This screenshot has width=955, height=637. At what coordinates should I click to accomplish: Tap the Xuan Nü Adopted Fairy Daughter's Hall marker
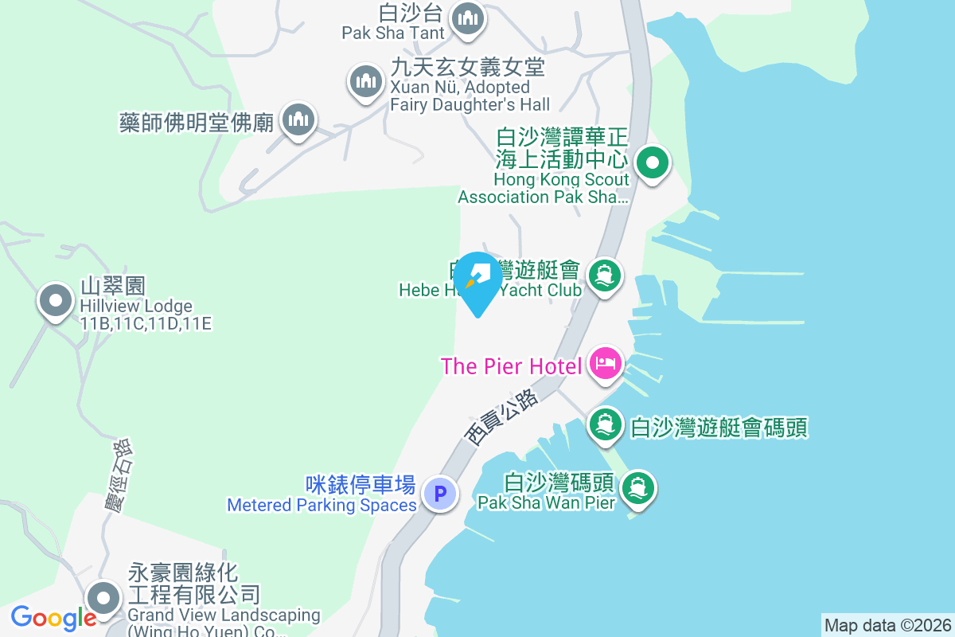click(365, 81)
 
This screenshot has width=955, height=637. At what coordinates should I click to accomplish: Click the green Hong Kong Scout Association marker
click(653, 164)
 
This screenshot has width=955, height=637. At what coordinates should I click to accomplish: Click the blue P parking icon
click(439, 493)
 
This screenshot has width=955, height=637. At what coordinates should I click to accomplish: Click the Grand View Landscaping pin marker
click(103, 597)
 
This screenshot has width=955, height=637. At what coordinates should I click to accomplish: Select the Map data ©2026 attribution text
click(887, 625)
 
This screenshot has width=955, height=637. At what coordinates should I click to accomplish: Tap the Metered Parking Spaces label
click(322, 506)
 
